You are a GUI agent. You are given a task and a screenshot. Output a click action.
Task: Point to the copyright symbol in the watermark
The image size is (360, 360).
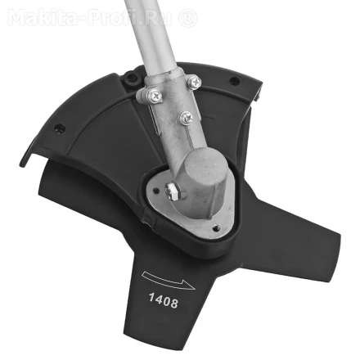(187, 16)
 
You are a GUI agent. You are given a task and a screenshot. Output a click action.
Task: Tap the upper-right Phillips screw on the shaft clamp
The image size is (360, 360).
(194, 83)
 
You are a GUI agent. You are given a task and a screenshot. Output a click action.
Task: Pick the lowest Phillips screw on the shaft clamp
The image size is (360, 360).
(186, 118)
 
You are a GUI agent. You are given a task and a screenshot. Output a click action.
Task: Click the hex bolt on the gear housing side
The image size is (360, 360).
(173, 191)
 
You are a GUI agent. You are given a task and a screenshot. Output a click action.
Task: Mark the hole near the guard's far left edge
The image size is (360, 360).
(57, 128)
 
